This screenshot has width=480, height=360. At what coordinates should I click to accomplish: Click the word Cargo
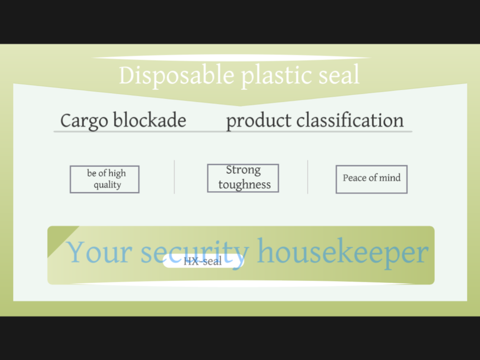pos(84,121)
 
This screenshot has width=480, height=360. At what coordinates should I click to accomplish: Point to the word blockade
pos(150,120)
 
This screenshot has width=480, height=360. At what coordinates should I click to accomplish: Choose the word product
pos(259,121)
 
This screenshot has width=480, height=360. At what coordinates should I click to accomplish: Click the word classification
pos(350,120)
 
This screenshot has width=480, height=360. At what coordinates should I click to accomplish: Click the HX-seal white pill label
pos(203,261)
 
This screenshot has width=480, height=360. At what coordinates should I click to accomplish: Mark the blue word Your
pos(99,252)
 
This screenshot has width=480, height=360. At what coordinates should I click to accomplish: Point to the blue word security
pos(195,253)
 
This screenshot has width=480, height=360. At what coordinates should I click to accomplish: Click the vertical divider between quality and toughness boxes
pos(175,177)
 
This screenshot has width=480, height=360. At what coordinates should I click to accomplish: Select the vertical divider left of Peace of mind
pos(308,177)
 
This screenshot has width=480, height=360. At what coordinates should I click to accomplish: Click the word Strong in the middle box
pos(243,170)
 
